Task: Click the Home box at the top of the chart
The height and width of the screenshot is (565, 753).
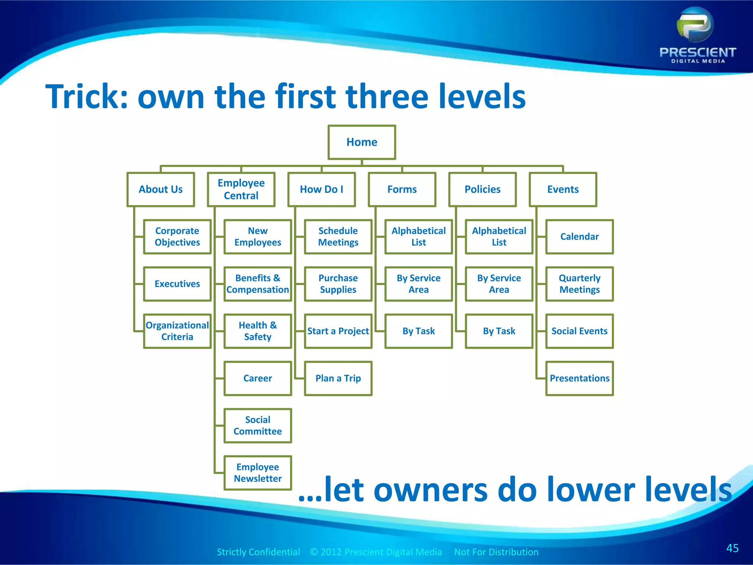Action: pyautogui.click(x=362, y=142)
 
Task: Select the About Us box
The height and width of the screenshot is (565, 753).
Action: pyautogui.click(x=161, y=189)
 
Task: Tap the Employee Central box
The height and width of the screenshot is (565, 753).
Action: pyautogui.click(x=241, y=189)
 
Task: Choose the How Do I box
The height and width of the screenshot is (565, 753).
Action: pyautogui.click(x=322, y=189)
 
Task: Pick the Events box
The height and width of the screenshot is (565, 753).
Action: pyautogui.click(x=563, y=189)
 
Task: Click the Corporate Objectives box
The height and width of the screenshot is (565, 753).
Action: pyautogui.click(x=177, y=237)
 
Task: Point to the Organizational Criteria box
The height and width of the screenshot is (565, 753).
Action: pyautogui.click(x=177, y=331)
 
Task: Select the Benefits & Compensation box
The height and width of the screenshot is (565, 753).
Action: pyautogui.click(x=258, y=284)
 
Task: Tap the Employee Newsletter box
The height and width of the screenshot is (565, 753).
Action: pyautogui.click(x=258, y=473)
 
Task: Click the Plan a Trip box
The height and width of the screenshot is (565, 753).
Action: pyautogui.click(x=338, y=378)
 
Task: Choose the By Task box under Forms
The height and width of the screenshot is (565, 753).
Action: pyautogui.click(x=418, y=331)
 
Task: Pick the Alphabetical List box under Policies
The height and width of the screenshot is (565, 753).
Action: pyautogui.click(x=499, y=237)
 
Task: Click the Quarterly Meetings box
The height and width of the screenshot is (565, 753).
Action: pyautogui.click(x=579, y=284)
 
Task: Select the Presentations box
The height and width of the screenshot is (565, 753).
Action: pyautogui.click(x=579, y=378)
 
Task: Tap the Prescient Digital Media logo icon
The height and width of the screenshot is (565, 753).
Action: pyautogui.click(x=695, y=25)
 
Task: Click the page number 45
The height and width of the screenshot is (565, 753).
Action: pyautogui.click(x=732, y=548)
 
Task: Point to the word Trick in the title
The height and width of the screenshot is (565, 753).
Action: pyautogui.click(x=86, y=96)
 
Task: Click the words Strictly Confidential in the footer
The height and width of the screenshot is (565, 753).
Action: pyautogui.click(x=258, y=552)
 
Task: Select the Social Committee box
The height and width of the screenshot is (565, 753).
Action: pyautogui.click(x=258, y=426)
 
